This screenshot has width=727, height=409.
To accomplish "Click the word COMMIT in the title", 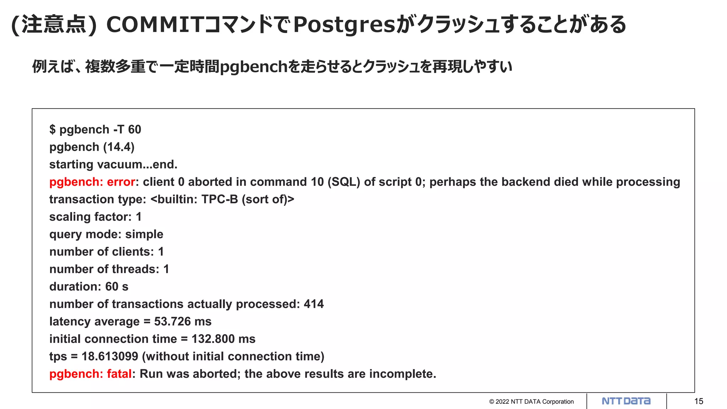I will [155, 25].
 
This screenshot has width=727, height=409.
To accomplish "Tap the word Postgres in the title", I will [344, 25].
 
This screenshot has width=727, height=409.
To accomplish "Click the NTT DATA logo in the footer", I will [626, 401].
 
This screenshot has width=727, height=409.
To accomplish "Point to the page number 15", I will [699, 401].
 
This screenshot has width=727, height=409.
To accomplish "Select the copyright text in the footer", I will [531, 402].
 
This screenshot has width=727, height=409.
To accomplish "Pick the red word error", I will [121, 182].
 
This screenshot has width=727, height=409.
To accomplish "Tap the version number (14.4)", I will [119, 147].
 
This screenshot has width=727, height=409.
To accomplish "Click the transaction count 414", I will [314, 304].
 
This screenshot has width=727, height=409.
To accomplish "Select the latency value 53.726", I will [173, 321].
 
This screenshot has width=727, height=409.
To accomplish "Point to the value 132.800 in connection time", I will [213, 339].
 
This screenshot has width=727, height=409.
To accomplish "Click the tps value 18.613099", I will [110, 356].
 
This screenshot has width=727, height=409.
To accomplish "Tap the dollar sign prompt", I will [53, 130].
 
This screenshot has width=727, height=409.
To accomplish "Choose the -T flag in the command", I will [119, 130].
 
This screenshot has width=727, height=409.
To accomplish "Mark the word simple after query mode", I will [144, 234].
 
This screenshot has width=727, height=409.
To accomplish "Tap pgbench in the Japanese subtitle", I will [253, 67].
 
